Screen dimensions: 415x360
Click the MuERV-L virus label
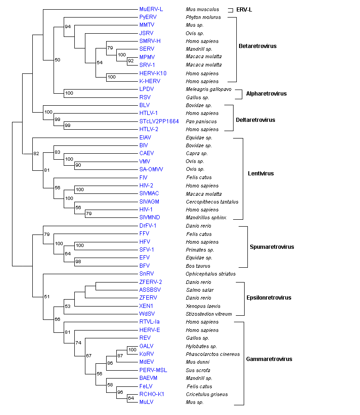(x=151, y=9)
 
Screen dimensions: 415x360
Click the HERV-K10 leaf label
(x=153, y=73)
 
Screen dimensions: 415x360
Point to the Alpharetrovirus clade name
(x=266, y=94)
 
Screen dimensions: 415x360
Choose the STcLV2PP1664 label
(x=159, y=121)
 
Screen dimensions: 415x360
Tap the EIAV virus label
(x=146, y=138)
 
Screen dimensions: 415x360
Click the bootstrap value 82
(x=36, y=154)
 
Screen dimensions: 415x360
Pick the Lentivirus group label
(x=261, y=174)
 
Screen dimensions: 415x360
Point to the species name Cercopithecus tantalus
(x=209, y=202)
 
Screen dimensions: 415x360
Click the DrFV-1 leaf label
(x=148, y=226)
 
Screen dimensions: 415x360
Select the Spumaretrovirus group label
(x=272, y=247)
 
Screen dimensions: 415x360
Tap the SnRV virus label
(x=146, y=274)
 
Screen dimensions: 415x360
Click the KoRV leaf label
(x=146, y=354)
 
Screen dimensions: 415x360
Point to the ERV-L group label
(x=244, y=10)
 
